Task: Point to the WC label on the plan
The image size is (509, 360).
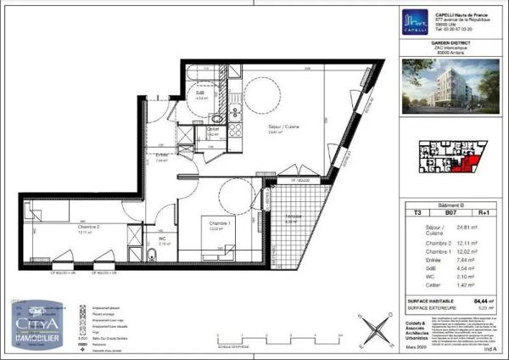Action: (x=161, y=239)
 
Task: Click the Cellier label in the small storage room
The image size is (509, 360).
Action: (x=213, y=130)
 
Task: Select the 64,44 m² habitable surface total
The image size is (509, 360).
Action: (x=483, y=300)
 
